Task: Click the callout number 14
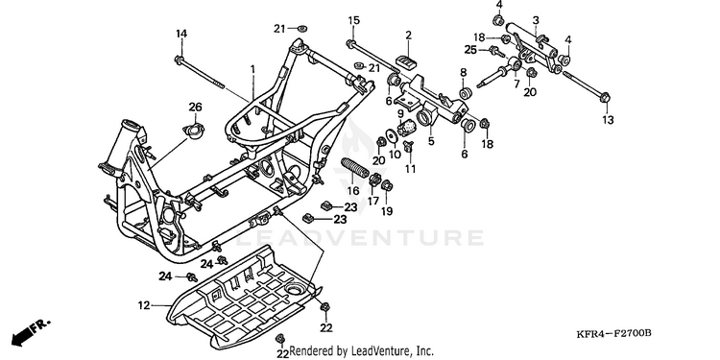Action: (x=181, y=34)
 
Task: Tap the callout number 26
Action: (x=195, y=107)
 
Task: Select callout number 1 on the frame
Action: (x=252, y=69)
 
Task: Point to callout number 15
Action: (x=353, y=20)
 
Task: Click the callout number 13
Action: (x=608, y=120)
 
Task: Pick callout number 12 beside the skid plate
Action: (x=144, y=305)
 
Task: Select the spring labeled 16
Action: (x=354, y=168)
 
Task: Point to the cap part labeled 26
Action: (x=195, y=132)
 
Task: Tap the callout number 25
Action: (x=470, y=50)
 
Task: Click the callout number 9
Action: (x=400, y=113)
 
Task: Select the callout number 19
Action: (x=387, y=211)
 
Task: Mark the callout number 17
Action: (x=372, y=202)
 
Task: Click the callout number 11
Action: (x=411, y=169)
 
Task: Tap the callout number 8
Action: (x=464, y=72)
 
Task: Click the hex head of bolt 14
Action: (x=179, y=60)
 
